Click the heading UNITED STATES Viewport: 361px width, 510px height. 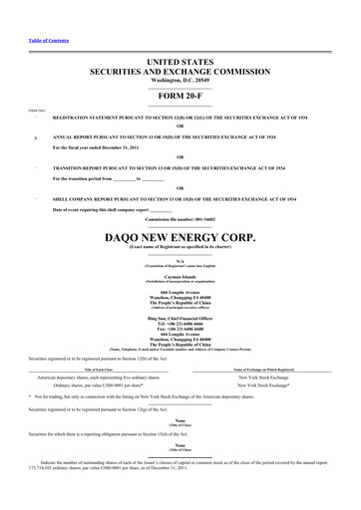coord(180,62)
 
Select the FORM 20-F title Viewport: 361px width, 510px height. coord(180,97)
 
